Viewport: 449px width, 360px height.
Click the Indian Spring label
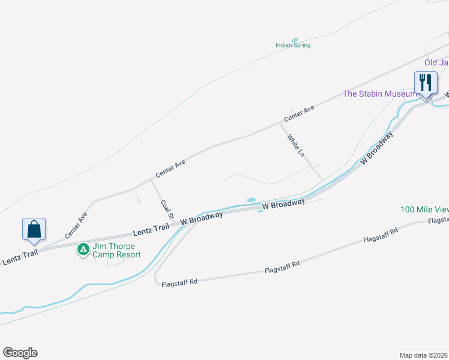click(x=293, y=45)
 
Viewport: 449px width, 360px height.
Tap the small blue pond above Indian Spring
click(x=294, y=40)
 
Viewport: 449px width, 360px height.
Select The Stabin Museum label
click(x=379, y=94)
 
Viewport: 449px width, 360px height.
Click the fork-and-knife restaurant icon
click(x=426, y=83)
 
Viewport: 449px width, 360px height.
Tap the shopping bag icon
click(x=34, y=229)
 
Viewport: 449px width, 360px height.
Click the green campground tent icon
click(x=83, y=248)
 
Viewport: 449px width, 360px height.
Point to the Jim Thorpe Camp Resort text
click(x=116, y=251)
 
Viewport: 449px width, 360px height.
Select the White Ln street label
click(x=295, y=146)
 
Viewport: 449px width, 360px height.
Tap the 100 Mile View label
click(x=424, y=209)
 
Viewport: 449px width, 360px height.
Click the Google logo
click(x=20, y=353)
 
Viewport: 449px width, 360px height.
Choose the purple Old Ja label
click(x=436, y=62)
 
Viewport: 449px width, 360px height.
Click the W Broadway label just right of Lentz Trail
click(x=202, y=217)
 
